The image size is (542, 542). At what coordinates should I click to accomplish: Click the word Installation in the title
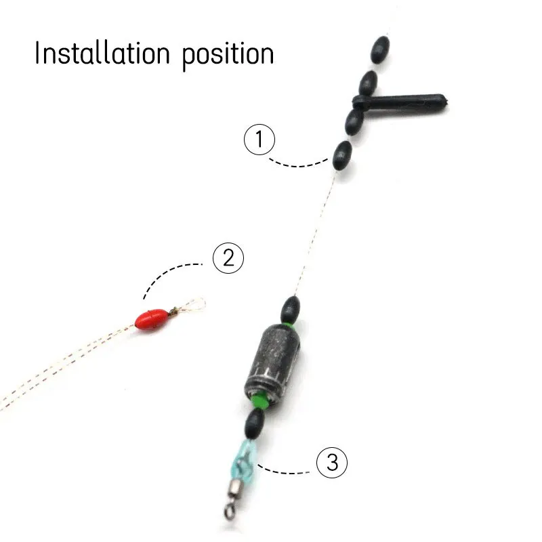102,54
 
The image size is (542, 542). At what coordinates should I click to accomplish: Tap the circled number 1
259,140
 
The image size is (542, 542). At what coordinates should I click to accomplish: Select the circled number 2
228,258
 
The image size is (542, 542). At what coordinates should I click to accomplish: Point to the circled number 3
332,463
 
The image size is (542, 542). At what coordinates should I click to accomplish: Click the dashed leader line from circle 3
288,469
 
